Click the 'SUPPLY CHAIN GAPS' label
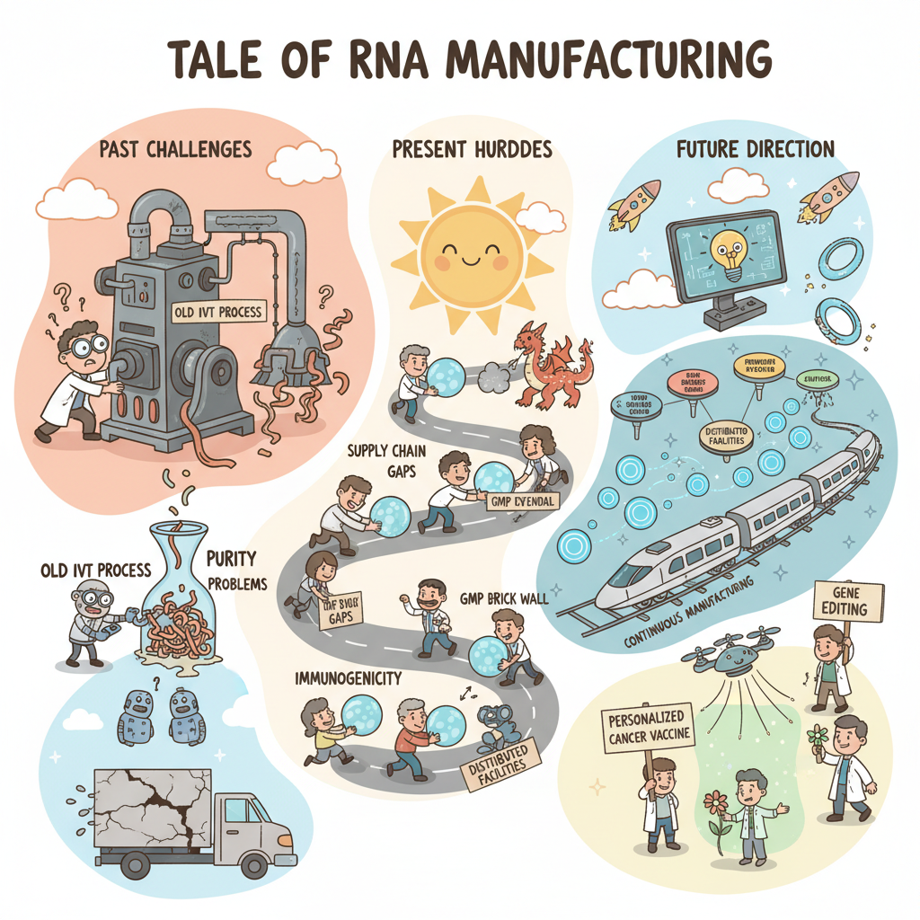tap(385, 461)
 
